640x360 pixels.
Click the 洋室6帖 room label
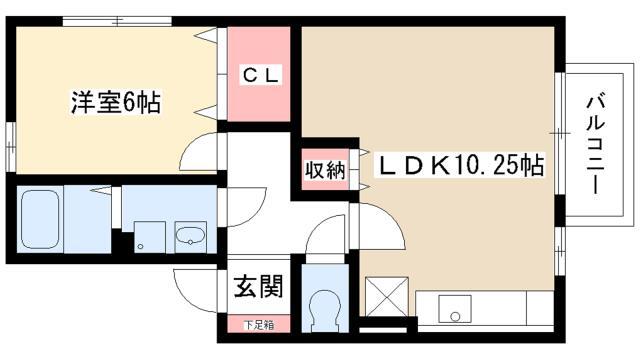(116, 102)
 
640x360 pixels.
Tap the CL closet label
(261, 75)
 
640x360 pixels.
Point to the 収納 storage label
(325, 170)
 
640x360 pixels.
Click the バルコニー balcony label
(596, 144)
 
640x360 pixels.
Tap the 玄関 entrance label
(258, 286)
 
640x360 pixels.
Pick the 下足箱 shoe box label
(259, 325)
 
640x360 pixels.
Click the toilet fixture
(325, 311)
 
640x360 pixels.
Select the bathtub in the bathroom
(40, 219)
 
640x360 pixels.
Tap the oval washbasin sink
(190, 236)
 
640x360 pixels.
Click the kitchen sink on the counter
(455, 309)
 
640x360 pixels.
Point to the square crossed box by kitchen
(387, 297)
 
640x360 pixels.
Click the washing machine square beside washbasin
(150, 237)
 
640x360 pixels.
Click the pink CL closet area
(259, 74)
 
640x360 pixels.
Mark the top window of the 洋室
(117, 21)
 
